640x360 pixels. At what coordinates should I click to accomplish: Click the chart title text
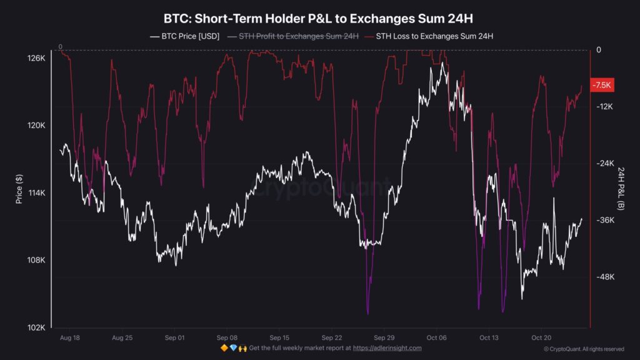(320, 18)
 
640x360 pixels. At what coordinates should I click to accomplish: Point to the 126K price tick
(35, 58)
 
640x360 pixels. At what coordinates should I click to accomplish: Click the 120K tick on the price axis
(35, 126)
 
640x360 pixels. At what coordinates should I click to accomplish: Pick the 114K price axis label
(35, 193)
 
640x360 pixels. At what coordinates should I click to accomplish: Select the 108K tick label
(35, 261)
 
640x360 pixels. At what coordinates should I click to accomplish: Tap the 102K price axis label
(35, 328)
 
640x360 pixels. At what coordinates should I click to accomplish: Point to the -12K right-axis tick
(604, 107)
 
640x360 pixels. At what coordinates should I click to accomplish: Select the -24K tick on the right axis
(604, 164)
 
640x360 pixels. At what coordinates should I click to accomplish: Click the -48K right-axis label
(604, 277)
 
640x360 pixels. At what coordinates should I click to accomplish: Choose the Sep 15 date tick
(279, 337)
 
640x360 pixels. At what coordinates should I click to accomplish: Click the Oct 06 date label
(436, 337)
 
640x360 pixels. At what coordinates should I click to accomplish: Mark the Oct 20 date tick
(541, 337)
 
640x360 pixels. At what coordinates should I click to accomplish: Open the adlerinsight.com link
(387, 348)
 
